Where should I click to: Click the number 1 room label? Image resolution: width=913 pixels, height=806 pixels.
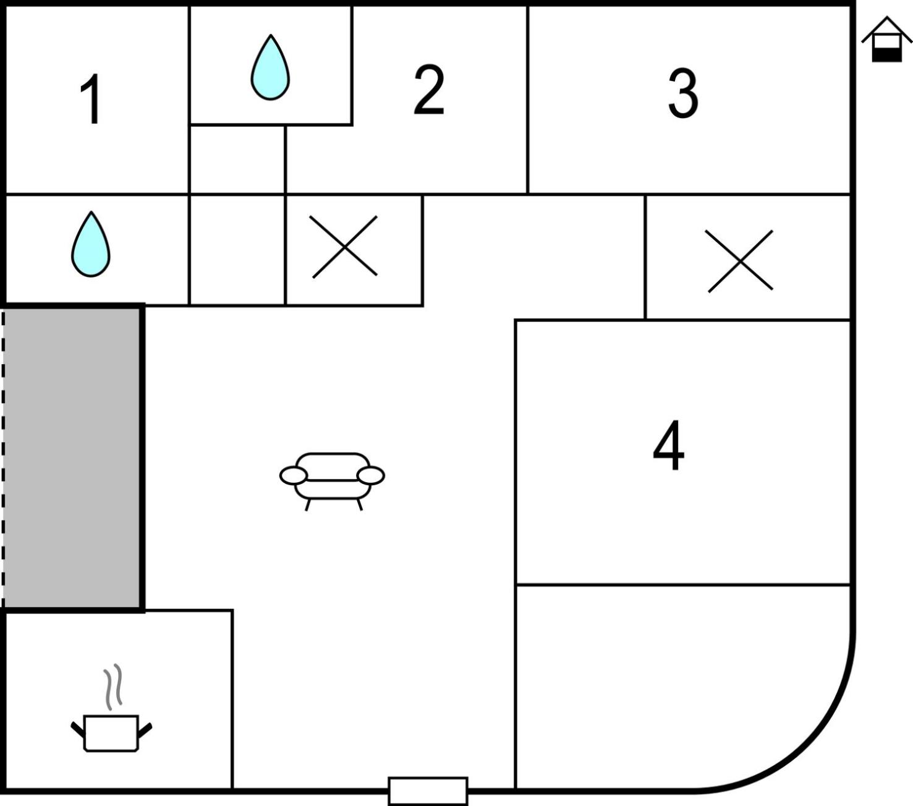click(x=91, y=98)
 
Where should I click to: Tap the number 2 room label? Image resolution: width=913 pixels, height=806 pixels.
click(x=428, y=89)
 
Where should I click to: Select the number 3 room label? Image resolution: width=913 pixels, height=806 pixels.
click(x=683, y=93)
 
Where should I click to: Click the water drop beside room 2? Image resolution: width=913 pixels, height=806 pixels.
click(x=270, y=67)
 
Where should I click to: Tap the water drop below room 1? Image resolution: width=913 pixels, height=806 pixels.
click(x=91, y=244)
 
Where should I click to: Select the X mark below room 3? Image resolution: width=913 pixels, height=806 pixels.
click(x=741, y=261)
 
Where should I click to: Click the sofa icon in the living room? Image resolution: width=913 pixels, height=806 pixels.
click(x=332, y=481)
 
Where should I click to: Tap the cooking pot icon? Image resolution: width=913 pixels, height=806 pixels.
click(x=111, y=734)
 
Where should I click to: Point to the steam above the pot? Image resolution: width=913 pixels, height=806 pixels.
click(x=113, y=687)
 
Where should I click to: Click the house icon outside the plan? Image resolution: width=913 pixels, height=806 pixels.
click(x=887, y=39)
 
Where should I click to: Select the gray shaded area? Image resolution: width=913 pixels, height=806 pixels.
click(x=72, y=458)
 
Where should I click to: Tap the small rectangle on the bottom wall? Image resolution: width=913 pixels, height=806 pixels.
click(x=428, y=791)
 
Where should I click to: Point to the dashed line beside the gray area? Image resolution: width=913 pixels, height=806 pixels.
click(x=2, y=458)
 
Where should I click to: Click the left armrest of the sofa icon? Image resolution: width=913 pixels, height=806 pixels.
click(x=294, y=476)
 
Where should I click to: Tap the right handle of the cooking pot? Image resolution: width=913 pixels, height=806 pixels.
click(x=145, y=731)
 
